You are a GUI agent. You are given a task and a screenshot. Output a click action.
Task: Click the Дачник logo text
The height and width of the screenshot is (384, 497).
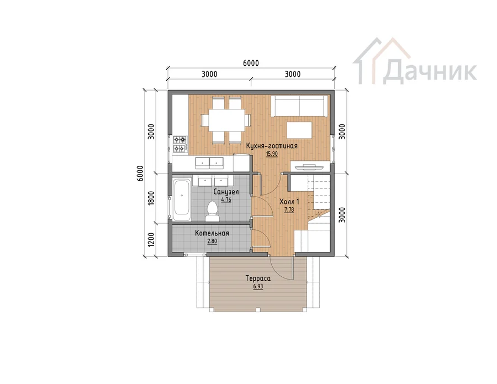click(430, 72)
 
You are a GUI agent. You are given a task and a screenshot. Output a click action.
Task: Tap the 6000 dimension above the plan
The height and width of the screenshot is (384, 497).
click(251, 63)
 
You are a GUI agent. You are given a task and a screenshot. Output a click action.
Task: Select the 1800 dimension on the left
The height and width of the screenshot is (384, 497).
click(151, 198)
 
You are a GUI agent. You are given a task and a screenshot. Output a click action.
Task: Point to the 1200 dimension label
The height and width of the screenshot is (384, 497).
click(151, 240)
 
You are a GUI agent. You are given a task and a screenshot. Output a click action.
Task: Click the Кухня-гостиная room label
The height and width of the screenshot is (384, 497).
click(272, 146)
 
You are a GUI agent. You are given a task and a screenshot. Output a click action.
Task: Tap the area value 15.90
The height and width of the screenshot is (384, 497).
click(272, 154)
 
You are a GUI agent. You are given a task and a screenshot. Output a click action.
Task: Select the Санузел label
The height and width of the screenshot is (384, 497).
click(226, 192)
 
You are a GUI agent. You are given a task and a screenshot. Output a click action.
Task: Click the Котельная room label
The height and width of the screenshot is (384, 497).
click(212, 233)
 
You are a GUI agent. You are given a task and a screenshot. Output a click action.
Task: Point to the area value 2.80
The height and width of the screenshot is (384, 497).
click(212, 241)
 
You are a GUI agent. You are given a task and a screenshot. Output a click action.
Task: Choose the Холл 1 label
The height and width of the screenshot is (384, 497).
click(289, 202)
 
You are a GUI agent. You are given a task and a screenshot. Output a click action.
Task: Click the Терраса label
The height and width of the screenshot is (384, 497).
click(258, 278)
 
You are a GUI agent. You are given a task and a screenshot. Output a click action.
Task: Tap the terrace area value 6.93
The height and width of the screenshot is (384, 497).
click(258, 286)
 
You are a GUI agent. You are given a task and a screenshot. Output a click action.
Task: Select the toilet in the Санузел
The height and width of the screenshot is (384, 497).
click(213, 212)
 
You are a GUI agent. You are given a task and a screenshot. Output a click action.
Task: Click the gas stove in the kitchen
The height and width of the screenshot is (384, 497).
click(179, 144)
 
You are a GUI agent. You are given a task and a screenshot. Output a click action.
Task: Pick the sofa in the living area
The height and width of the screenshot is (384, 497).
click(299, 106)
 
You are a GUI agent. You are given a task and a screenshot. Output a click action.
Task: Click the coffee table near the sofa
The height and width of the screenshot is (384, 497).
click(299, 130)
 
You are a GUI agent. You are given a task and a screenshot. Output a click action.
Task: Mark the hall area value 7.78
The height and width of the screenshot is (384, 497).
click(289, 209)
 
